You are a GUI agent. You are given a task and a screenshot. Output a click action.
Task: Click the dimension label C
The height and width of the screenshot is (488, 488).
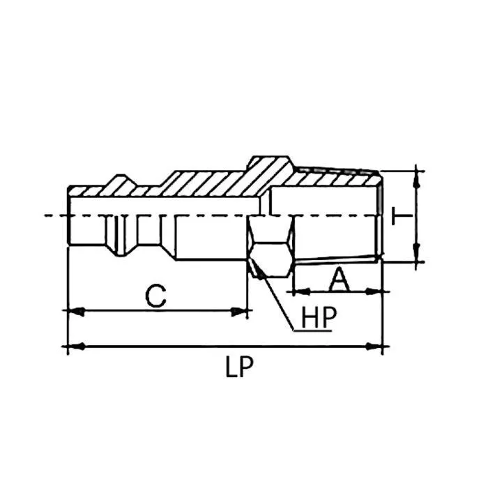156,295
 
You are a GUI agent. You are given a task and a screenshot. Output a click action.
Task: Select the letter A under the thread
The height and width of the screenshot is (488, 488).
338,280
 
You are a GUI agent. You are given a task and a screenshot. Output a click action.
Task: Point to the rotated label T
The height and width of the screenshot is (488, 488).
401,215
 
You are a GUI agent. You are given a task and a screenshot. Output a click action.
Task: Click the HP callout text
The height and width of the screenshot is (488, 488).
319,317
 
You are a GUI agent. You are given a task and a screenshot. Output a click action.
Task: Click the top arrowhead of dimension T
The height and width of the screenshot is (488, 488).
418,175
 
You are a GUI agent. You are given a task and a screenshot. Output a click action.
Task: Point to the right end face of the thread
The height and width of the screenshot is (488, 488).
381,215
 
